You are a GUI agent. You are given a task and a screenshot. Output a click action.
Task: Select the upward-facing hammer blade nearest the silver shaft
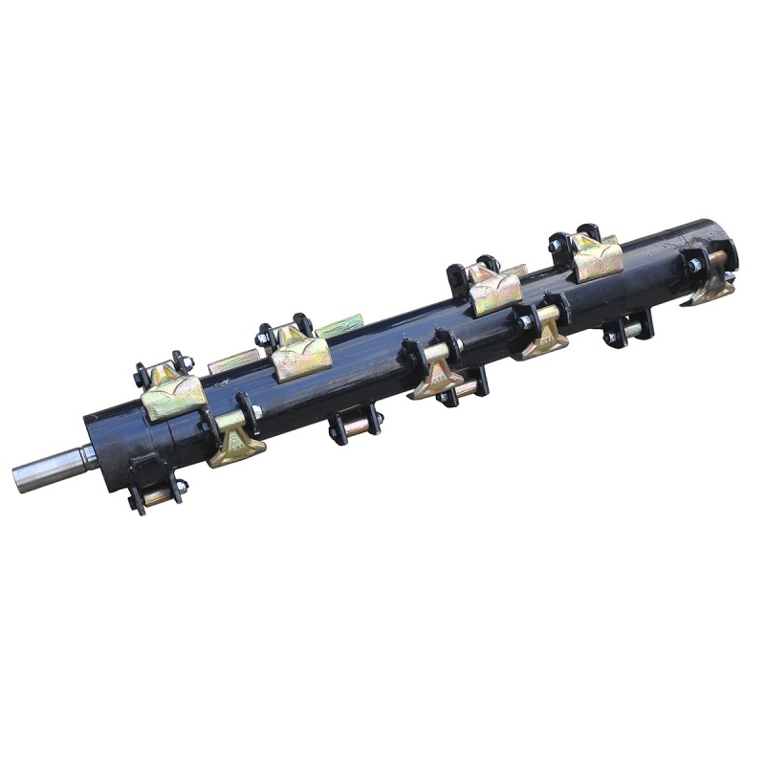click(173, 394)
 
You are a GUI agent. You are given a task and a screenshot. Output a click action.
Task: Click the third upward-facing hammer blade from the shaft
click(495, 292)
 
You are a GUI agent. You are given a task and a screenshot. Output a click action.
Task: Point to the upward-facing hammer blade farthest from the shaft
click(596, 256)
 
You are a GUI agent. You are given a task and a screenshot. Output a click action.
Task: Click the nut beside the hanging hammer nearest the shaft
click(257, 411)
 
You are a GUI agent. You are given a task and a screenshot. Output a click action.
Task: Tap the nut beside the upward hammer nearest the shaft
click(187, 362)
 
